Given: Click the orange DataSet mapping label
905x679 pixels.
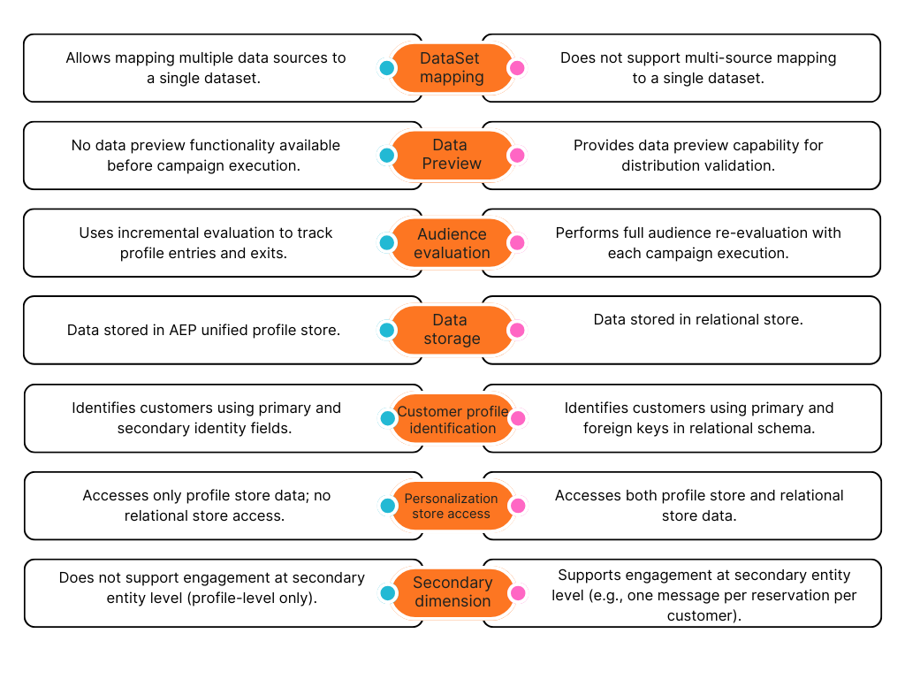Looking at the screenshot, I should pos(452,68).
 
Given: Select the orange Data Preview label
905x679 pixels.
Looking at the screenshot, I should pos(452,155).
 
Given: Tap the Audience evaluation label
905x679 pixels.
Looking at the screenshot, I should pos(452,243).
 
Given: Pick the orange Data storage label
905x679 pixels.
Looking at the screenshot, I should pos(452,330).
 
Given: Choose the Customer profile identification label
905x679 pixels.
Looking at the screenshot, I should pos(452,419).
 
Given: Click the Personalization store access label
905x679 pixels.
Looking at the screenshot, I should pos(452,506).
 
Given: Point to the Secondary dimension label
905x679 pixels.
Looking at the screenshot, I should pos(452,592).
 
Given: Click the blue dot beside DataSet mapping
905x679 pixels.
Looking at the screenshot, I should pos(386,68).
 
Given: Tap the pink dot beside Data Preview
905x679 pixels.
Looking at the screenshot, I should pos(517,156).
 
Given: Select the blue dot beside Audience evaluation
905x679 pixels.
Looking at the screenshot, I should pos(386,242).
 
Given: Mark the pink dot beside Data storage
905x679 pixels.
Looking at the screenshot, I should pos(517,330).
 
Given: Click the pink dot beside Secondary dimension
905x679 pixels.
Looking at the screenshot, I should pos(517,593).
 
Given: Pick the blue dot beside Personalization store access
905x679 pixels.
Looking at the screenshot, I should pos(386,506).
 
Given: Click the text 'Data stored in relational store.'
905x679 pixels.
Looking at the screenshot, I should pos(698,319).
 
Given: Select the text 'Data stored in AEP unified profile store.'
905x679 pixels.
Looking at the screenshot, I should pos(203,331).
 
